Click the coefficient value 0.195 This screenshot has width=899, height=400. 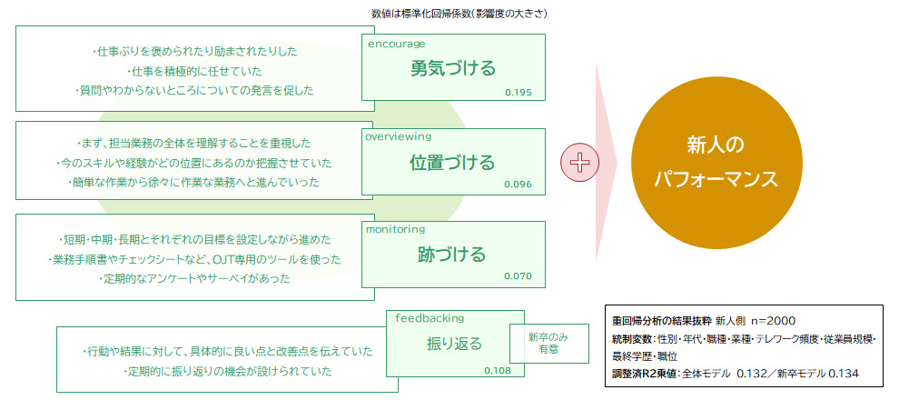pos(519,93)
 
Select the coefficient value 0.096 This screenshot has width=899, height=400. pos(519,185)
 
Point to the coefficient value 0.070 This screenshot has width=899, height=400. pos(519,276)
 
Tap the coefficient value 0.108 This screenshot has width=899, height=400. pos(498,370)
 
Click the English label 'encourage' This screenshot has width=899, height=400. pos(397,44)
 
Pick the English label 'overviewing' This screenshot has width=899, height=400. pos(399,136)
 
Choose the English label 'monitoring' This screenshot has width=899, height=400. pos(396,229)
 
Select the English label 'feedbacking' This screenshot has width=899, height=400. pos(430,318)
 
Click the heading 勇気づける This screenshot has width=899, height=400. pos(453,69)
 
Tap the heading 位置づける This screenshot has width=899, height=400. pos(452,163)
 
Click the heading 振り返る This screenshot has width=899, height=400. pos(455,344)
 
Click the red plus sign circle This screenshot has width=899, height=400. pos(579,163)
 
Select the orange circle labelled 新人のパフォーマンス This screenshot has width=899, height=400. pos(716,163)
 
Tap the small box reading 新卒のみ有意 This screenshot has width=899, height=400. pos(549,344)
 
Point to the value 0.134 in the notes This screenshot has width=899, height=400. pos(843,374)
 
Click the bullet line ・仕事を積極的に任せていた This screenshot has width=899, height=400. pos(193,71)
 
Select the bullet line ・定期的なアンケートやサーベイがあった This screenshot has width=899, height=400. pos(194,279)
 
